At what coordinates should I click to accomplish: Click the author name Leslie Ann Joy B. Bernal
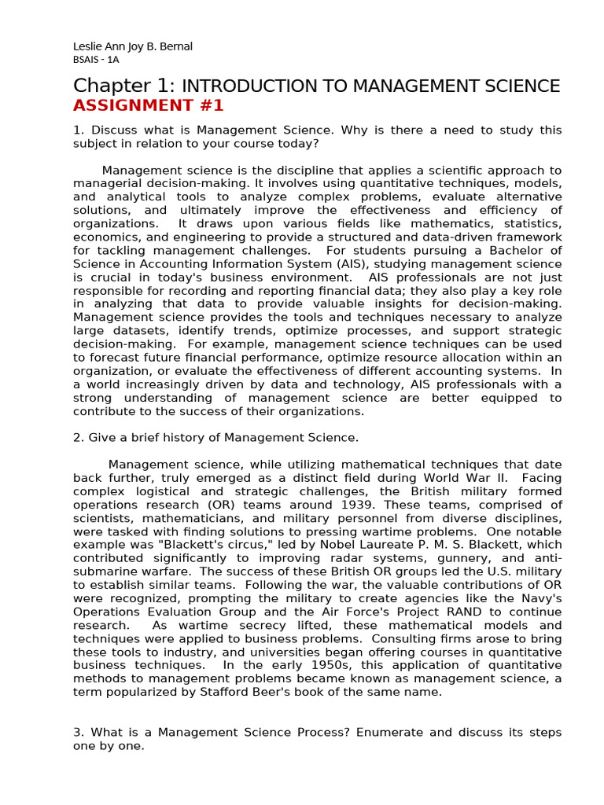pos(133,46)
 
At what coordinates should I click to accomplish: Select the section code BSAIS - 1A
pos(96,59)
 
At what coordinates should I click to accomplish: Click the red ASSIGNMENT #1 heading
pos(149,105)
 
